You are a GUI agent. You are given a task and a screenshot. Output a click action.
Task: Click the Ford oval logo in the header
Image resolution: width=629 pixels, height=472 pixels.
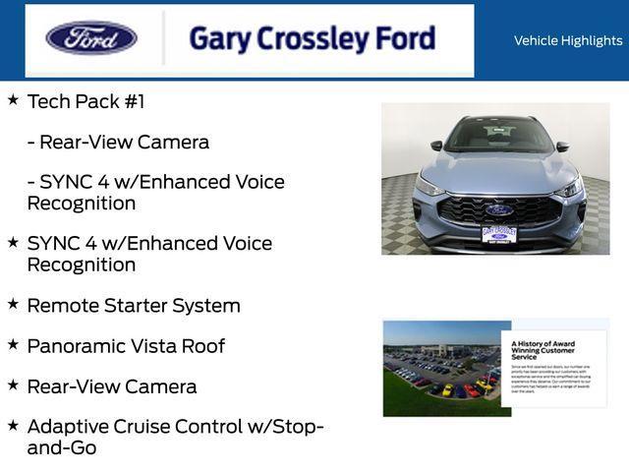click(91, 38)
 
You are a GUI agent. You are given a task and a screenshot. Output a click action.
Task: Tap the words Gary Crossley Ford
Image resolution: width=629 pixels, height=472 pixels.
click(312, 39)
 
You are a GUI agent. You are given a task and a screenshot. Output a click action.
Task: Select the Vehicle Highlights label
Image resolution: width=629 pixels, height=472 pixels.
click(568, 40)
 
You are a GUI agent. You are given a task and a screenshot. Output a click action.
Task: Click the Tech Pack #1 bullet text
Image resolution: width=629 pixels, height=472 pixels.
click(86, 101)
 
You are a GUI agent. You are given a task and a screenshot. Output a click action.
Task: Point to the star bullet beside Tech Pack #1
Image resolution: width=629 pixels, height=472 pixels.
click(13, 100)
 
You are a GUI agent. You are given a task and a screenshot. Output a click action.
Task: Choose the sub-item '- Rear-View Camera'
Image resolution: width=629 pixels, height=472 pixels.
click(118, 142)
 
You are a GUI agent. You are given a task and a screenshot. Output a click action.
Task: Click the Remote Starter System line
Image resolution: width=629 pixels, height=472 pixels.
click(134, 306)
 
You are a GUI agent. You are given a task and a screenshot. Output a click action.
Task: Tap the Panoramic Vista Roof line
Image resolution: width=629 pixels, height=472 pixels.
click(126, 346)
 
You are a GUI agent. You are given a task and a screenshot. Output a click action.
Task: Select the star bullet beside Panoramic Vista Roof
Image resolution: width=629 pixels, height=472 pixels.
click(13, 345)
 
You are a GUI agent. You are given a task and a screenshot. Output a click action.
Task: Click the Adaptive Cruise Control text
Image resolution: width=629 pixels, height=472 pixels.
click(147, 427)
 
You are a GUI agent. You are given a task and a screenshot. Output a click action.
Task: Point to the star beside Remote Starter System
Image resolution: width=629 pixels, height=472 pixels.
click(13, 305)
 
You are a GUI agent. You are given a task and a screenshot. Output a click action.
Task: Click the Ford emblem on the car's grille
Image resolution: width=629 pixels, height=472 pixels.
click(498, 209)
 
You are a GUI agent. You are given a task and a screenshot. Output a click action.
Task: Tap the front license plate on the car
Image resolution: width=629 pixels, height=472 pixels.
click(499, 233)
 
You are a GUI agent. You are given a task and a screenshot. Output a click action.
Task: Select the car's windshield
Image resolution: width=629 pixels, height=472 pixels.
click(498, 136)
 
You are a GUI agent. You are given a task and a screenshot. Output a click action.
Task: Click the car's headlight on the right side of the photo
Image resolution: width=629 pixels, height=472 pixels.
click(569, 189)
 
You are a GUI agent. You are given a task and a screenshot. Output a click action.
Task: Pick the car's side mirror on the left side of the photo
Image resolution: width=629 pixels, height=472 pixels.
click(436, 147)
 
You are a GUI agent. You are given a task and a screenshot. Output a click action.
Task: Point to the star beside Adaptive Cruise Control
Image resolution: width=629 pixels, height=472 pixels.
click(13, 426)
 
